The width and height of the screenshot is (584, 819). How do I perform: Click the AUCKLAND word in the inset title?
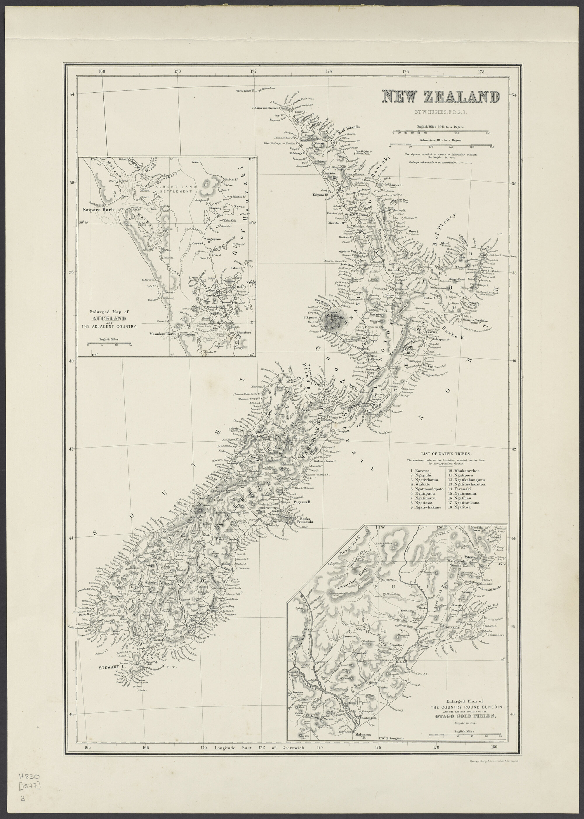coord(114,319)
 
